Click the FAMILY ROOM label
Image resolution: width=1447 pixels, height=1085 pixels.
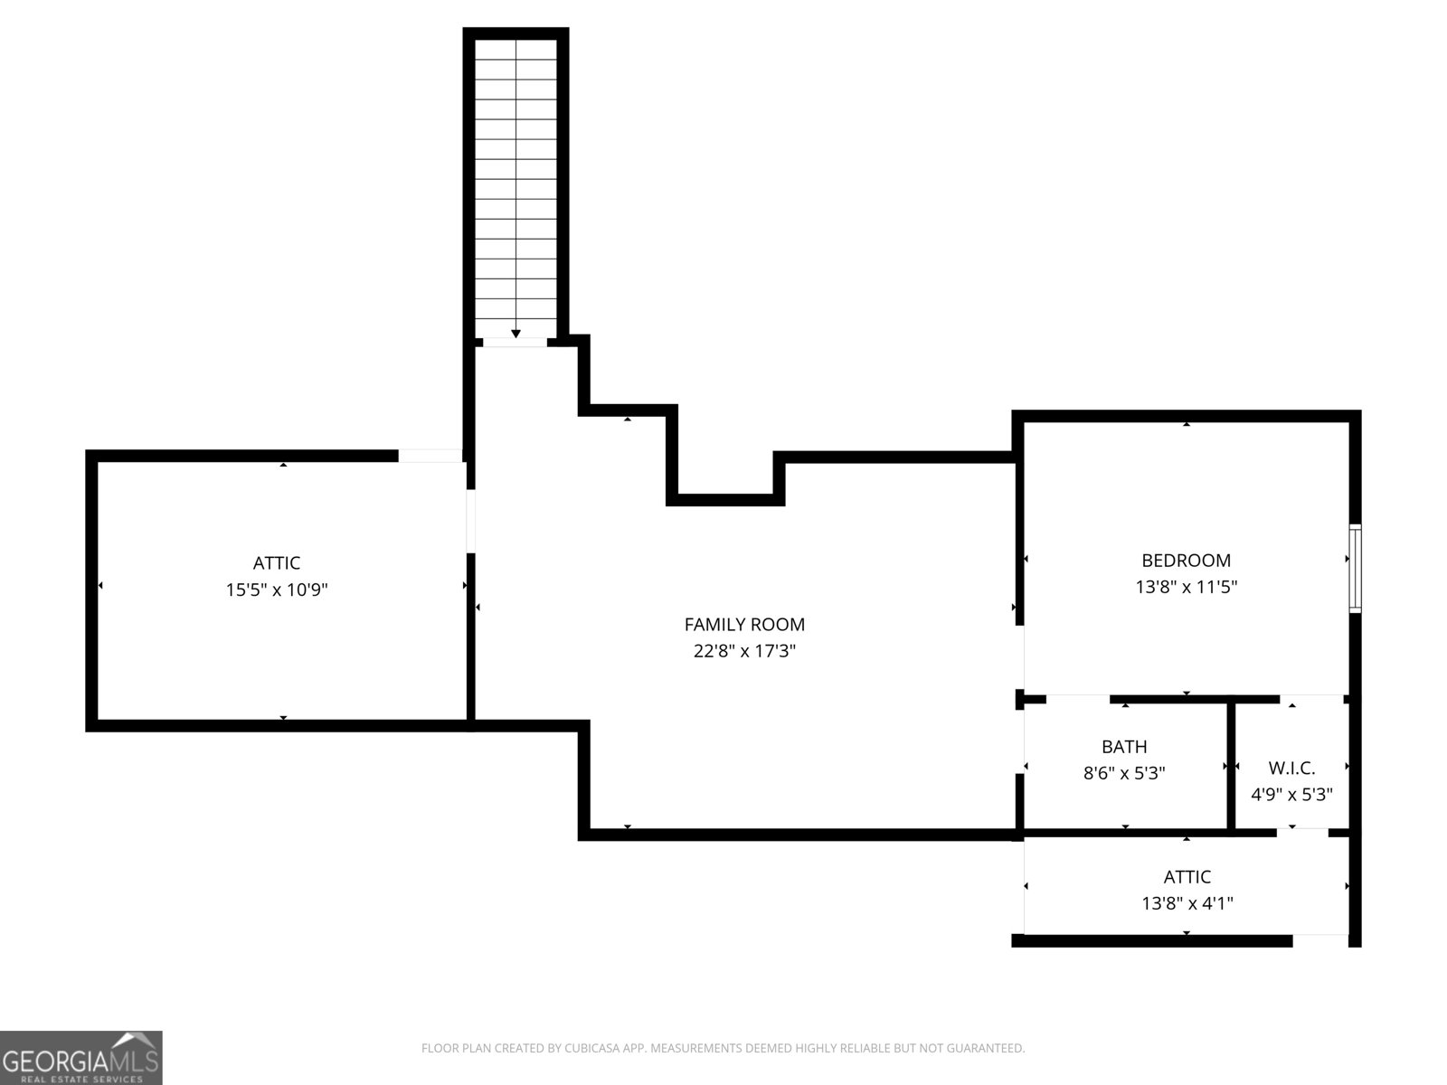(x=744, y=624)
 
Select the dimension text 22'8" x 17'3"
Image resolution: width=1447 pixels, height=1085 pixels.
(x=744, y=651)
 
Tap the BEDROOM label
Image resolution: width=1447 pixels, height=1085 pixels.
(x=1186, y=561)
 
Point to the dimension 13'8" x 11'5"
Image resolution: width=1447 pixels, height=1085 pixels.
(x=1186, y=587)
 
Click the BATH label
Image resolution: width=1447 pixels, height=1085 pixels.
(x=1124, y=747)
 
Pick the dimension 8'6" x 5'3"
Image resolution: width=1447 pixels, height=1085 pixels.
(x=1124, y=774)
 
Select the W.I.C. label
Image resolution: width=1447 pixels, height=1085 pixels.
(x=1291, y=769)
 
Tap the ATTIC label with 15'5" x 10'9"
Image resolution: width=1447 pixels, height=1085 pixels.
(x=277, y=563)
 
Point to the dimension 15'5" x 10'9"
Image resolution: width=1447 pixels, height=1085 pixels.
(x=277, y=590)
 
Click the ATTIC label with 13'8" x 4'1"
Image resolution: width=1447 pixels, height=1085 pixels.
(x=1187, y=877)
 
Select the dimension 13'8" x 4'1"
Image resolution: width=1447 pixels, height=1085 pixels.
(x=1187, y=903)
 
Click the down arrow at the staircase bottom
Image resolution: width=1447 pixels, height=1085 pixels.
(x=515, y=334)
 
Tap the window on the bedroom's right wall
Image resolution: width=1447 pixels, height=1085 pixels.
(x=1355, y=569)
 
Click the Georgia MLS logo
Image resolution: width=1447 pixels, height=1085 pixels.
(x=81, y=1058)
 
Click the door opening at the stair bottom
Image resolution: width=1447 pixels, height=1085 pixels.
(x=515, y=343)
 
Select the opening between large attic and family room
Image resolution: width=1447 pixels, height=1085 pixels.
(x=470, y=520)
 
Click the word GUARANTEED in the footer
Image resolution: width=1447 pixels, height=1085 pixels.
(x=983, y=1049)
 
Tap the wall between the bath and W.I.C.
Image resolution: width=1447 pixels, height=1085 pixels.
(x=1231, y=765)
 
